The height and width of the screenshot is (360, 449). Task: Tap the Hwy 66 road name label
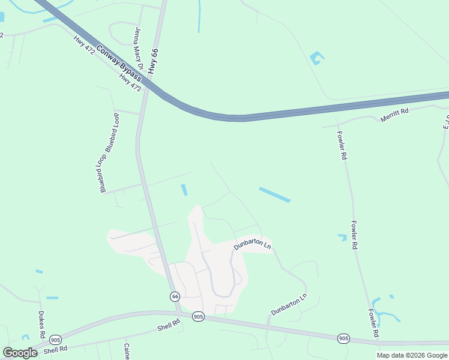coord(155,59)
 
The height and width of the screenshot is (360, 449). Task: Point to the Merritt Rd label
coord(394,115)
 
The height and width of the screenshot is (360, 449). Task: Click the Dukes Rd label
coord(41,325)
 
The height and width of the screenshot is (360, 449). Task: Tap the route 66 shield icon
coord(175,296)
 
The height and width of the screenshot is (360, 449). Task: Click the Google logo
coord(20,352)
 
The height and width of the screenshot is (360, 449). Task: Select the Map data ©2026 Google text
coord(412,355)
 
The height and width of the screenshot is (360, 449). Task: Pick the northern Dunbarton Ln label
coord(253,245)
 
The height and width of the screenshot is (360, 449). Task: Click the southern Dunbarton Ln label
coord(289,304)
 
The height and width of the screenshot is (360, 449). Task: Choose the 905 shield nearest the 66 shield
coord(198,316)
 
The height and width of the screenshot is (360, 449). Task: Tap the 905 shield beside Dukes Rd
coord(55,340)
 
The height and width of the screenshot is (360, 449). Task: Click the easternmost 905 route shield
coord(343,338)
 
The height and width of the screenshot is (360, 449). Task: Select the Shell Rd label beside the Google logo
coord(55,350)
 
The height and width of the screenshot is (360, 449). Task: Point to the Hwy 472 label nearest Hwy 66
coord(130,82)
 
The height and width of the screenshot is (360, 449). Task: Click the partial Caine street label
coord(127,352)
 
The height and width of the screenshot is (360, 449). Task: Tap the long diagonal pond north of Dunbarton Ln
coord(274,194)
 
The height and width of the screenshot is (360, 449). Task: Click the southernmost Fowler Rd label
coord(373,323)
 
